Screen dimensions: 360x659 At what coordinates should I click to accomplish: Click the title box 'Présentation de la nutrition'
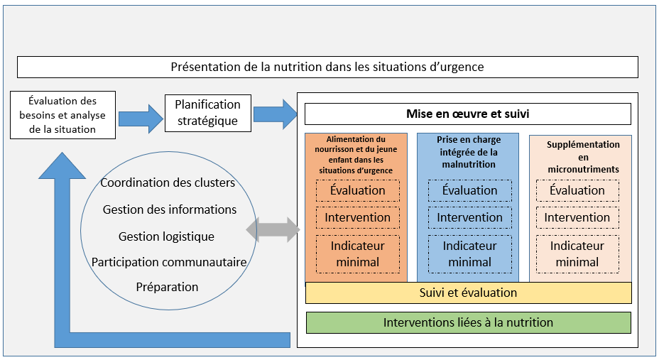click(x=327, y=67)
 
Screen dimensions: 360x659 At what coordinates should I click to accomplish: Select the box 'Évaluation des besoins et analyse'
click(x=62, y=115)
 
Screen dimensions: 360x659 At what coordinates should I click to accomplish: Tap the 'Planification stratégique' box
click(x=207, y=112)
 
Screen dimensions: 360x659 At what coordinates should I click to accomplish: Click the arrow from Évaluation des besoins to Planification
click(x=140, y=116)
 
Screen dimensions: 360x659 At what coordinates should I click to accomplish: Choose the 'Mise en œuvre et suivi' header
click(x=467, y=114)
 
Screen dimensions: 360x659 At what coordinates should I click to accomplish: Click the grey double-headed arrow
click(x=273, y=229)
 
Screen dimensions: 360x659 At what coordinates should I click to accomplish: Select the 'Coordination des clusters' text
click(x=168, y=182)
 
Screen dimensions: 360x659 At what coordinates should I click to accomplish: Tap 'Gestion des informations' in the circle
click(x=170, y=209)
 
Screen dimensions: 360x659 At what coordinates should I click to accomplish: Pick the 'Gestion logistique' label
click(x=166, y=236)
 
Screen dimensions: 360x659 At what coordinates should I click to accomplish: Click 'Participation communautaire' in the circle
click(x=169, y=262)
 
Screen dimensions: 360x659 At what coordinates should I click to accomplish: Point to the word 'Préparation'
click(x=167, y=287)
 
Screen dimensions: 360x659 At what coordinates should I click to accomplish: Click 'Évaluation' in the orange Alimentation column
click(x=357, y=190)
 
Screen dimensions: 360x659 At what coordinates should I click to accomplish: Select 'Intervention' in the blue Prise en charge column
click(x=469, y=217)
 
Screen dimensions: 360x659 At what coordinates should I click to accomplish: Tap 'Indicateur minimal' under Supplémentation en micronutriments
click(x=577, y=253)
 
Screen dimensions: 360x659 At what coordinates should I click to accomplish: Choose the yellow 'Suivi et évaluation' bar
click(x=468, y=293)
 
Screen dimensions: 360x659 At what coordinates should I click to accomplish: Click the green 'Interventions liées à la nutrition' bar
click(x=468, y=322)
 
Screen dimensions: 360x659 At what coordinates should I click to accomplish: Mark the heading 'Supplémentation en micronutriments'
click(x=583, y=156)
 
